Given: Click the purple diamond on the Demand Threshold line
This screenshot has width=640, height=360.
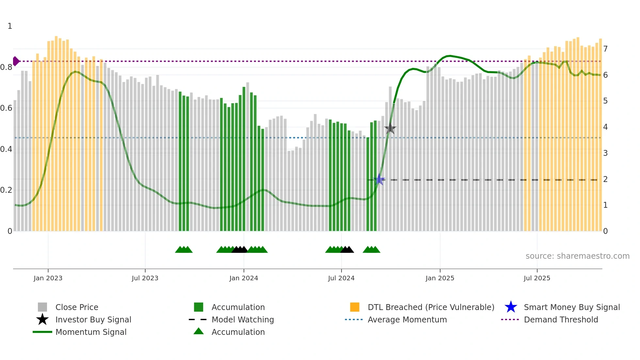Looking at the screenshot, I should pos(16,61).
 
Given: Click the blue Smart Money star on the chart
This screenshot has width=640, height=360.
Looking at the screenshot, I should pos(379,179).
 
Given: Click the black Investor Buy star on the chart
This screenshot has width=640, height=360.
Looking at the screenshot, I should pos(390,128).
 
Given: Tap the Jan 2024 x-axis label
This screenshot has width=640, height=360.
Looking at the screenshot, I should pos(244,278).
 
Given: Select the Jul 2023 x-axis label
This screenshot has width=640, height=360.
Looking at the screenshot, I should pos(145,278).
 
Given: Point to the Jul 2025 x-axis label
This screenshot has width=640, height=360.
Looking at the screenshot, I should pos(537,278).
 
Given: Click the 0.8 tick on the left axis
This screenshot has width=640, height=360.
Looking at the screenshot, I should pos(6,67).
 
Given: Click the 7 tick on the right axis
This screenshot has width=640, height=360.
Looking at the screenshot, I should pos(605,49).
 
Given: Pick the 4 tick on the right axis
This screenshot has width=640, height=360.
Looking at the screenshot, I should pos(605,127).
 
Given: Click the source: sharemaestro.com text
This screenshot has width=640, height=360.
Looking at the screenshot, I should pos(577,256).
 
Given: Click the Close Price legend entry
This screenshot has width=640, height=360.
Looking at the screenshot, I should pos(77,307).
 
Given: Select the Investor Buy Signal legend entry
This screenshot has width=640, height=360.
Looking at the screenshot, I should pos(93,319).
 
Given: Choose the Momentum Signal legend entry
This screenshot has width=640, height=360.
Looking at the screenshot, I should pos(91,332).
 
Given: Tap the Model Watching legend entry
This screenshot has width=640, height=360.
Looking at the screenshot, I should pos(243,319).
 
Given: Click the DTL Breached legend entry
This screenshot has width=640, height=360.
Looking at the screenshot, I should pos(431,307).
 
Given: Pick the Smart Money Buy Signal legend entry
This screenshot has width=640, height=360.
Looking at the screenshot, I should pos(571,307).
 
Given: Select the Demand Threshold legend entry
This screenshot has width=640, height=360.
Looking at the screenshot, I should pos(561,319).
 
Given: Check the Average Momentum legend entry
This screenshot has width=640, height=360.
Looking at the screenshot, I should pos(407,319).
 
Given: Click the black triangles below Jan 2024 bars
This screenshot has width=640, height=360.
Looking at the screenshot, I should pos(240,250).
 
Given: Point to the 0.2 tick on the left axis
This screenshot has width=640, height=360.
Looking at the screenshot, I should pos(6,190).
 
